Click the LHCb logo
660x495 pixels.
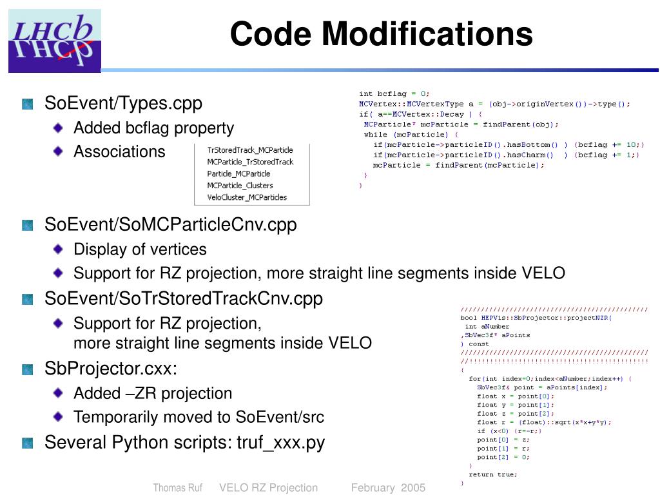pos(55,41)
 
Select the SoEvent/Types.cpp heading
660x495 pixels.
pos(123,103)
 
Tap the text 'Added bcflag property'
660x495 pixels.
pos(153,128)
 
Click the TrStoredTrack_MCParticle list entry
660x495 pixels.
pos(250,150)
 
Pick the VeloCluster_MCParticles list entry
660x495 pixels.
pos(247,197)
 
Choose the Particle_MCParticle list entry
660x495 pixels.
pos(238,173)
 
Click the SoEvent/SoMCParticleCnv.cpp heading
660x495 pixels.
pos(170,225)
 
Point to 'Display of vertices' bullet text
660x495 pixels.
pos(140,249)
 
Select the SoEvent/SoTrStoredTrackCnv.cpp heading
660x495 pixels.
pos(183,299)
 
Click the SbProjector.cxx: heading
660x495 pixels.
pos(110,369)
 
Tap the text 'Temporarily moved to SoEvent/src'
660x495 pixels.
pos(199,417)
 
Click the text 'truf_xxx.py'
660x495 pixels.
pos(280,443)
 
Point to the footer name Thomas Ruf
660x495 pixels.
pos(177,488)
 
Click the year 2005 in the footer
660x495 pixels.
pos(413,488)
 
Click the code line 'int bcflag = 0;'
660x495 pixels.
pos(394,94)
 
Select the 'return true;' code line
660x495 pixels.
pos(492,474)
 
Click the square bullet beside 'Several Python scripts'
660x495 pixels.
pos(27,443)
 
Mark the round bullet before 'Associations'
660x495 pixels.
pos(59,151)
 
